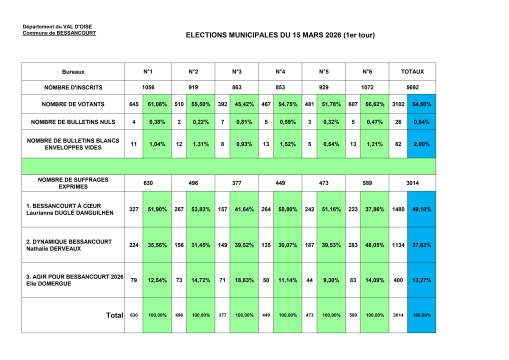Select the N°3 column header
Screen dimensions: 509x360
[x=236, y=73]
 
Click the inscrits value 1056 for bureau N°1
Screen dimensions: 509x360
[x=147, y=88]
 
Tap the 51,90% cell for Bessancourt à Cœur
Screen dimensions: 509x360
[x=157, y=209]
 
